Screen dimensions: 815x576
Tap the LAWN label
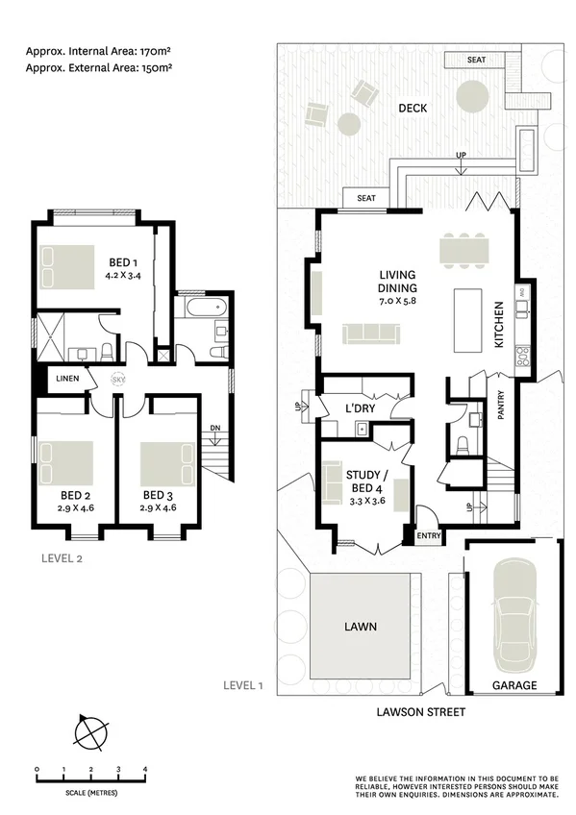(362, 627)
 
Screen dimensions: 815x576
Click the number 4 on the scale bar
(145, 770)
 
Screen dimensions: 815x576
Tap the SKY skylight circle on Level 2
(118, 380)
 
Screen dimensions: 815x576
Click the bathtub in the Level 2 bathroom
(203, 309)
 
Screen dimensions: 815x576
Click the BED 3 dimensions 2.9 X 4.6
(157, 506)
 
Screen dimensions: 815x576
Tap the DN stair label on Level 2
(214, 429)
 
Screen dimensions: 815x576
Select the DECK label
(413, 109)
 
